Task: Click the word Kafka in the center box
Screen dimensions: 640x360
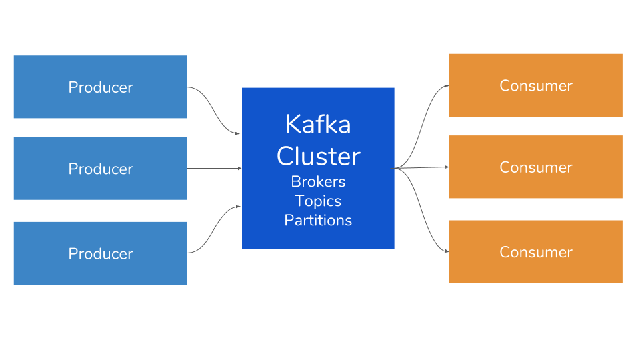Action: pyautogui.click(x=318, y=124)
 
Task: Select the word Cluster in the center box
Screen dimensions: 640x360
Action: pyautogui.click(x=319, y=156)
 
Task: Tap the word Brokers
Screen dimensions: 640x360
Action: pyautogui.click(x=318, y=181)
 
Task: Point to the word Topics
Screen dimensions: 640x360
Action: pyautogui.click(x=318, y=201)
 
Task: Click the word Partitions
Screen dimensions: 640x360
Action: pyautogui.click(x=318, y=221)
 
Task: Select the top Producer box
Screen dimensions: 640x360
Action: pyautogui.click(x=101, y=87)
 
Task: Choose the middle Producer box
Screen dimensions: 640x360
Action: pyautogui.click(x=101, y=168)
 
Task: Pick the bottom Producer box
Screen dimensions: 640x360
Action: pyautogui.click(x=101, y=253)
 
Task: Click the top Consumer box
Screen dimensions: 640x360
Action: pyautogui.click(x=535, y=85)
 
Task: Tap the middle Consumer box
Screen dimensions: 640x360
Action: pyautogui.click(x=535, y=167)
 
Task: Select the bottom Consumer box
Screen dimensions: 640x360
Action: pyautogui.click(x=535, y=251)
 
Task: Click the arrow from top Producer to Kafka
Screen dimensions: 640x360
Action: pyautogui.click(x=213, y=110)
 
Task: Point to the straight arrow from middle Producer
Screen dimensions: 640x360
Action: pyautogui.click(x=214, y=168)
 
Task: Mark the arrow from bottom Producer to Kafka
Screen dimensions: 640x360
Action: pyautogui.click(x=213, y=229)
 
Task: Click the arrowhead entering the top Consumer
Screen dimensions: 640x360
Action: pyautogui.click(x=447, y=86)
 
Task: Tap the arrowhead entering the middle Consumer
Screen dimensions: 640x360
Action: pyautogui.click(x=447, y=167)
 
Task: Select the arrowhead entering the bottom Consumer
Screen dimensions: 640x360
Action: pyautogui.click(x=447, y=251)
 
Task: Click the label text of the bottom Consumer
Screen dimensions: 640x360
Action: pyautogui.click(x=536, y=252)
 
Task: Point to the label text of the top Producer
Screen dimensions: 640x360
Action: pyautogui.click(x=101, y=87)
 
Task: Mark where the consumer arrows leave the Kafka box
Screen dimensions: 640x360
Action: pyautogui.click(x=395, y=168)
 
